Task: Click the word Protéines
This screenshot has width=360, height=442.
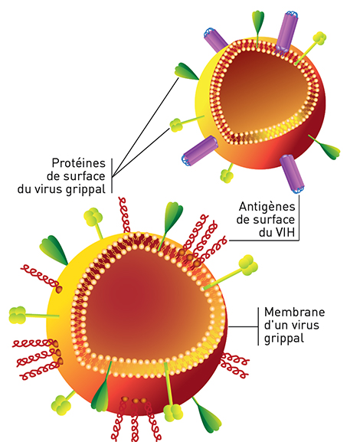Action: tap(78, 163)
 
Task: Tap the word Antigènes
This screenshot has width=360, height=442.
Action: tap(267, 207)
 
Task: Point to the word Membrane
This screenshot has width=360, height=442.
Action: tap(295, 312)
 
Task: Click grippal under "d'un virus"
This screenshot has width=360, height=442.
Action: tap(284, 339)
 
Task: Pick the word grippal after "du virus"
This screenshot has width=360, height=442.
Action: tap(86, 189)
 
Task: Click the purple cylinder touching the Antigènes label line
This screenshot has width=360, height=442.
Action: tap(292, 174)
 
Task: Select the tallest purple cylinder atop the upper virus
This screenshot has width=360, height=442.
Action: tap(287, 31)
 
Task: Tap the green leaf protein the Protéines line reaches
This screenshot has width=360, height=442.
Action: tap(186, 72)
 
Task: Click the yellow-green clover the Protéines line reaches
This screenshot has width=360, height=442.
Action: tap(176, 125)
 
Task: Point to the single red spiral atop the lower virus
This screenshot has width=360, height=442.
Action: tap(125, 214)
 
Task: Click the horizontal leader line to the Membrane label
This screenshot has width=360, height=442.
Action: tap(243, 326)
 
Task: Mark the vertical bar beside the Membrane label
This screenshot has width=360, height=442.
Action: tap(259, 326)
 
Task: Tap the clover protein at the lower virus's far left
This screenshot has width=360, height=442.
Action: tap(18, 315)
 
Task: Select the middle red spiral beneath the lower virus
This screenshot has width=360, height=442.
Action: tap(136, 420)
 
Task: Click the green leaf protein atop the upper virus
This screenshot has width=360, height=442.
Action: tap(257, 22)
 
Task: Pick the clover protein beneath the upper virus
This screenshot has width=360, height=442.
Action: tap(227, 175)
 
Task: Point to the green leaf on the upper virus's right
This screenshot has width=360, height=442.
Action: tap(329, 149)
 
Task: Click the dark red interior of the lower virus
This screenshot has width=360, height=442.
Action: tap(146, 304)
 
